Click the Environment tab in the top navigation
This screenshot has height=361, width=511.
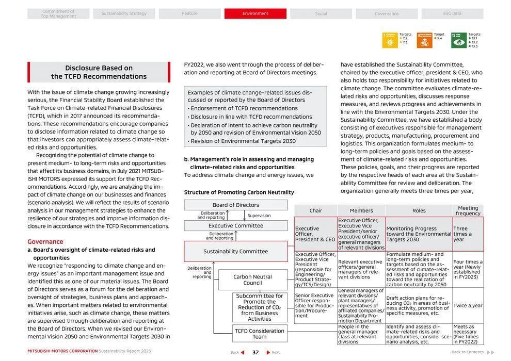click(x=255, y=13)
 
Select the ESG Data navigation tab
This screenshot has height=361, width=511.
click(x=452, y=13)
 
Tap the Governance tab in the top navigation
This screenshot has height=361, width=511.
click(x=387, y=13)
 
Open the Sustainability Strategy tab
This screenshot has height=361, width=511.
click(x=124, y=13)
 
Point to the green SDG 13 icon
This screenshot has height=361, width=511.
click(x=458, y=40)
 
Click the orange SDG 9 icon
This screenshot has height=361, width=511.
click(x=424, y=40)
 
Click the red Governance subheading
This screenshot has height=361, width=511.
click(x=45, y=241)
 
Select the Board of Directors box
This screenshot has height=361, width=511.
click(x=236, y=205)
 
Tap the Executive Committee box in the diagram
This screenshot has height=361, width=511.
click(x=236, y=225)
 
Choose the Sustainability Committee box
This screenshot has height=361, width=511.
click(x=236, y=251)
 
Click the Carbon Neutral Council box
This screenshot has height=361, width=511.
click(x=252, y=280)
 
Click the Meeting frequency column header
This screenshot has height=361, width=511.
click(x=468, y=210)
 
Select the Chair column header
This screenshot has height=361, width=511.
click(x=315, y=210)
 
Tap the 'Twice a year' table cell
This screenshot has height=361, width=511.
click(x=468, y=306)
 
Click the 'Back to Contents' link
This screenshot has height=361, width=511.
click(x=468, y=352)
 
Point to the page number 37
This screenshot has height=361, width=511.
click(x=255, y=353)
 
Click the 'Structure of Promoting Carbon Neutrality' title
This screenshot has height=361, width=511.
click(x=239, y=192)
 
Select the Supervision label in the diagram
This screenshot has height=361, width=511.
click(x=259, y=216)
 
